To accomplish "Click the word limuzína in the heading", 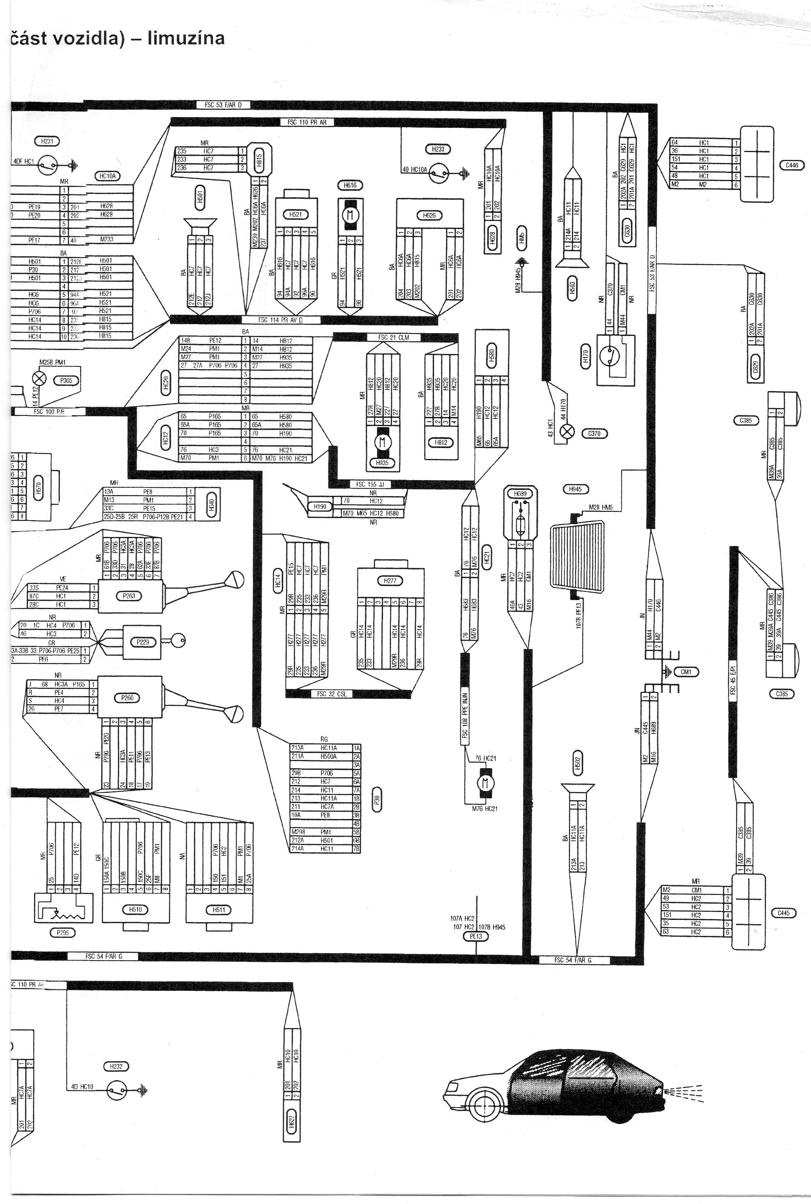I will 186,38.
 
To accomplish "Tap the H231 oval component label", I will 47,141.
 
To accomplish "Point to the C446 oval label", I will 792,165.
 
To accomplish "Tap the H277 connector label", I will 390,581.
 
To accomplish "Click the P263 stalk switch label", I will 129,596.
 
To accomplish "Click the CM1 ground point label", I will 686,671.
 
